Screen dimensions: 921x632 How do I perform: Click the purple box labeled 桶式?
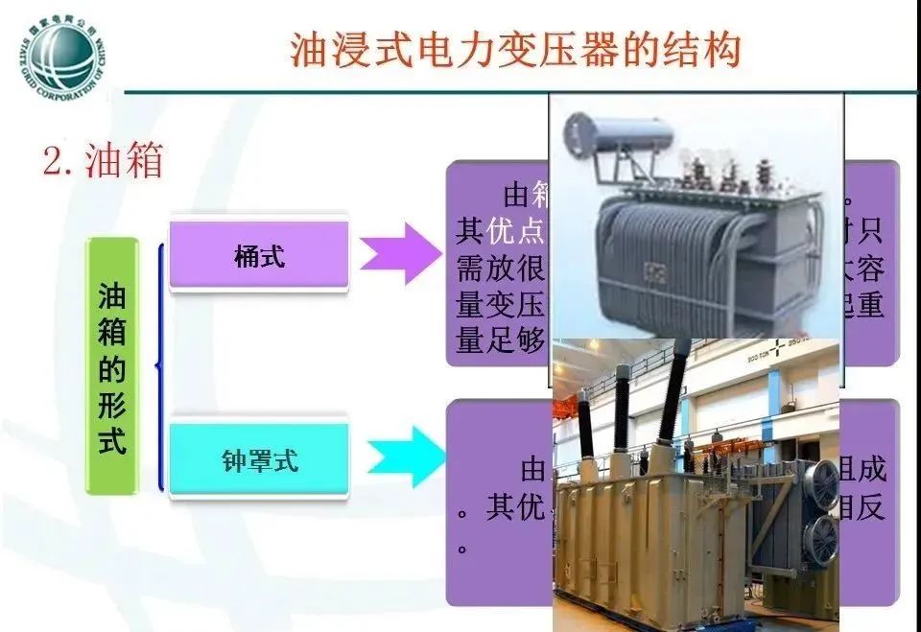[x=259, y=256]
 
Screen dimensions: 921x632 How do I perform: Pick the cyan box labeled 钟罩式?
[x=259, y=460]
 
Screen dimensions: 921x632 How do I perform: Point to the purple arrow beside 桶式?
[x=397, y=254]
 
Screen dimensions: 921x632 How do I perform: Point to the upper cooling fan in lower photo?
[x=821, y=482]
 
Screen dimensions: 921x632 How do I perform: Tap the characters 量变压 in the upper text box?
[x=501, y=306]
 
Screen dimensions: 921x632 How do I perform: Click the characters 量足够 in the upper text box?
[x=501, y=341]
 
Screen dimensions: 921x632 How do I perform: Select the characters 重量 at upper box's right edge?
[x=871, y=306]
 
